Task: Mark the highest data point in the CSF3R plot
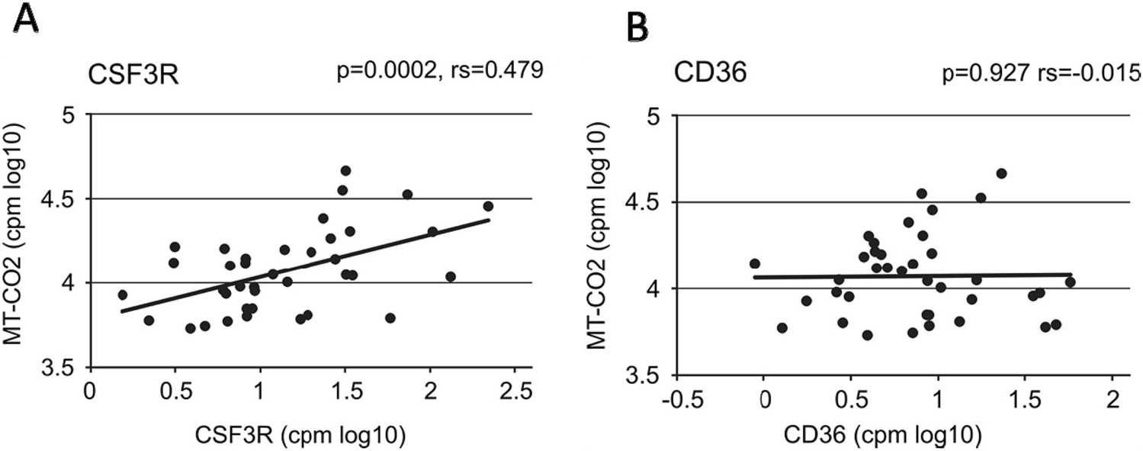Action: [345, 170]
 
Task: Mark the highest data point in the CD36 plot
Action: [1001, 173]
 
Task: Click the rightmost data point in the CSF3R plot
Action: [488, 206]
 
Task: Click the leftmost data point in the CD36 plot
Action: [755, 264]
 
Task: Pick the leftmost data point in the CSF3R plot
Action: [122, 295]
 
